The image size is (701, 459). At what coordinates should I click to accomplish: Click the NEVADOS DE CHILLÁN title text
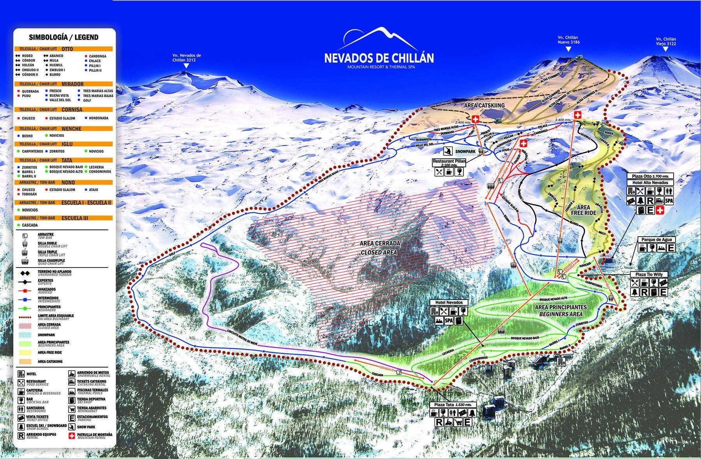pyautogui.click(x=379, y=58)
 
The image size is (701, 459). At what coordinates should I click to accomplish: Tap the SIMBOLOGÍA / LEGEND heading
pyautogui.click(x=63, y=37)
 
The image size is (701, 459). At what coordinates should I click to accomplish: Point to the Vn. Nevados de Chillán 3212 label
pyautogui.click(x=187, y=58)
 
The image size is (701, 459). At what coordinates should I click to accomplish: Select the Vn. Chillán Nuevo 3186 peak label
pyautogui.click(x=568, y=40)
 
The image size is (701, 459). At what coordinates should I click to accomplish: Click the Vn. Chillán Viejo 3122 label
pyautogui.click(x=666, y=41)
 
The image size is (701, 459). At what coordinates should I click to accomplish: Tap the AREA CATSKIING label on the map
pyautogui.click(x=484, y=106)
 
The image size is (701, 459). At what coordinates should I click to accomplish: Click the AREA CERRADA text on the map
pyautogui.click(x=380, y=243)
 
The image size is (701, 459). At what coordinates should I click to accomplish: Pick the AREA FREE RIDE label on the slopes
pyautogui.click(x=583, y=210)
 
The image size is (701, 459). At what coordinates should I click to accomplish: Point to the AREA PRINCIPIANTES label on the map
pyautogui.click(x=561, y=307)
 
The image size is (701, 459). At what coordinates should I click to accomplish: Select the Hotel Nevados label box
pyautogui.click(x=449, y=302)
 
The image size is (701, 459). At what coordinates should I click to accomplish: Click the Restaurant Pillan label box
pyautogui.click(x=449, y=161)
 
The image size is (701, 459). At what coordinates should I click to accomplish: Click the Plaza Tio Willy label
pyautogui.click(x=649, y=274)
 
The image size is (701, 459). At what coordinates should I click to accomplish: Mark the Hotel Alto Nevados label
pyautogui.click(x=650, y=183)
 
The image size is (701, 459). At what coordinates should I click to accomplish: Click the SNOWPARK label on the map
pyautogui.click(x=465, y=151)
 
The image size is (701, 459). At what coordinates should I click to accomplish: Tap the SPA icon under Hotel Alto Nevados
pyautogui.click(x=669, y=201)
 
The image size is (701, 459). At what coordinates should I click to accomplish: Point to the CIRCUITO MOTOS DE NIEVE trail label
pyautogui.click(x=243, y=338)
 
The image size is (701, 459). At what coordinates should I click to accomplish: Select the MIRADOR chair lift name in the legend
pyautogui.click(x=72, y=84)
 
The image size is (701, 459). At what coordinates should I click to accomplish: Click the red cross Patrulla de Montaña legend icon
pyautogui.click(x=71, y=436)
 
